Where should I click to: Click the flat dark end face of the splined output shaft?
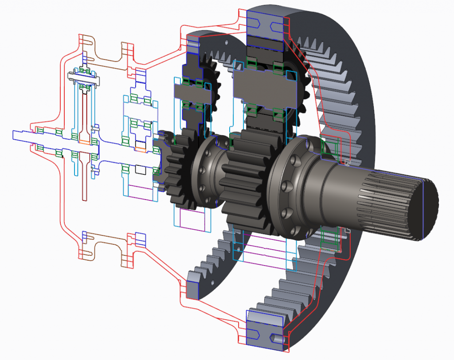428,208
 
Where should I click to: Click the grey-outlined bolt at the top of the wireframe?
84,76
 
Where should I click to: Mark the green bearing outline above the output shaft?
328,146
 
